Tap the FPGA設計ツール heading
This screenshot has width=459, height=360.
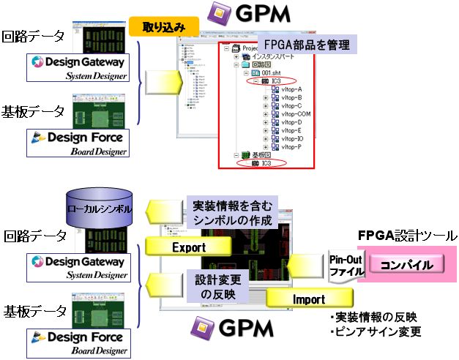pos(407,235)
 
